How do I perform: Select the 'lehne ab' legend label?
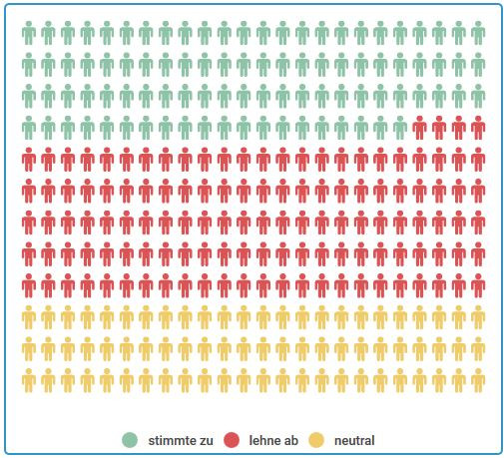click(272, 440)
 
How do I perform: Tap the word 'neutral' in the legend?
click(355, 440)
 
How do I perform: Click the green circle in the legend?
click(130, 440)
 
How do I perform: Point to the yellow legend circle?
click(316, 440)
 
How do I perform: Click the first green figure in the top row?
click(29, 34)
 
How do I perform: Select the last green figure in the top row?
click(478, 34)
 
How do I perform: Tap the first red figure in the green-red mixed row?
click(419, 128)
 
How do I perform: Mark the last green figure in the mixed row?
click(400, 128)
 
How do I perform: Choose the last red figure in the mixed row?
click(478, 128)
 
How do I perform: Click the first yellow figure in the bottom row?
click(29, 380)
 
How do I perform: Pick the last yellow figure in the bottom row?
click(478, 380)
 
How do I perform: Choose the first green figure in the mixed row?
click(29, 128)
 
